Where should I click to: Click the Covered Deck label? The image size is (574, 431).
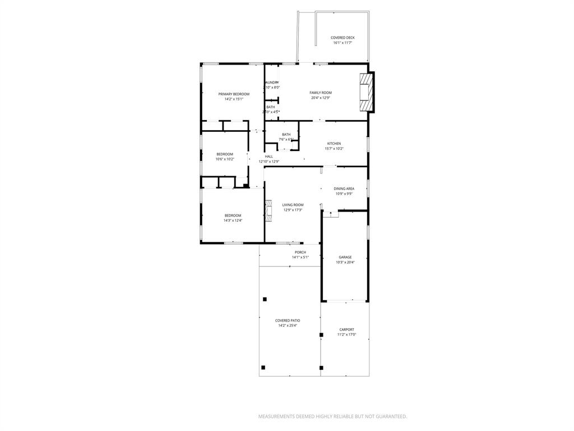(x=342, y=38)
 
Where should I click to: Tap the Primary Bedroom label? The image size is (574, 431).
(x=234, y=94)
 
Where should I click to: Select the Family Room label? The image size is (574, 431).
(x=321, y=93)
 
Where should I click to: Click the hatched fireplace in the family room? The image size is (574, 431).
(x=365, y=93)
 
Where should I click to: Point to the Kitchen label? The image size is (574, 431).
(x=334, y=144)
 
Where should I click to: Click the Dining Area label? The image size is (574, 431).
(x=344, y=189)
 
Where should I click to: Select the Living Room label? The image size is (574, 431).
(x=293, y=205)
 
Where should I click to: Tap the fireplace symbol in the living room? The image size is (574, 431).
(x=269, y=210)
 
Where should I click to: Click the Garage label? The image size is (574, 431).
(x=345, y=257)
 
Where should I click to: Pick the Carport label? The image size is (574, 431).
(x=346, y=329)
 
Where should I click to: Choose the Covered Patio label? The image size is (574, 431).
(x=287, y=320)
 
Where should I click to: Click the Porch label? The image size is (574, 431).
(x=300, y=253)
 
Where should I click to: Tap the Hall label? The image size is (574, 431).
(x=269, y=157)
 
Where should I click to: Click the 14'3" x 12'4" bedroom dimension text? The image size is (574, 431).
(x=233, y=221)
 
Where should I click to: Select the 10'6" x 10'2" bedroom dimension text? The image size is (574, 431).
(x=225, y=159)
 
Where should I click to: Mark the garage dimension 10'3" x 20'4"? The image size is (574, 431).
(x=345, y=262)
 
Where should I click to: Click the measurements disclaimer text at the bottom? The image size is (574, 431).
(x=332, y=416)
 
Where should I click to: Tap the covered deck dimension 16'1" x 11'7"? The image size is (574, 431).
(x=342, y=43)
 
